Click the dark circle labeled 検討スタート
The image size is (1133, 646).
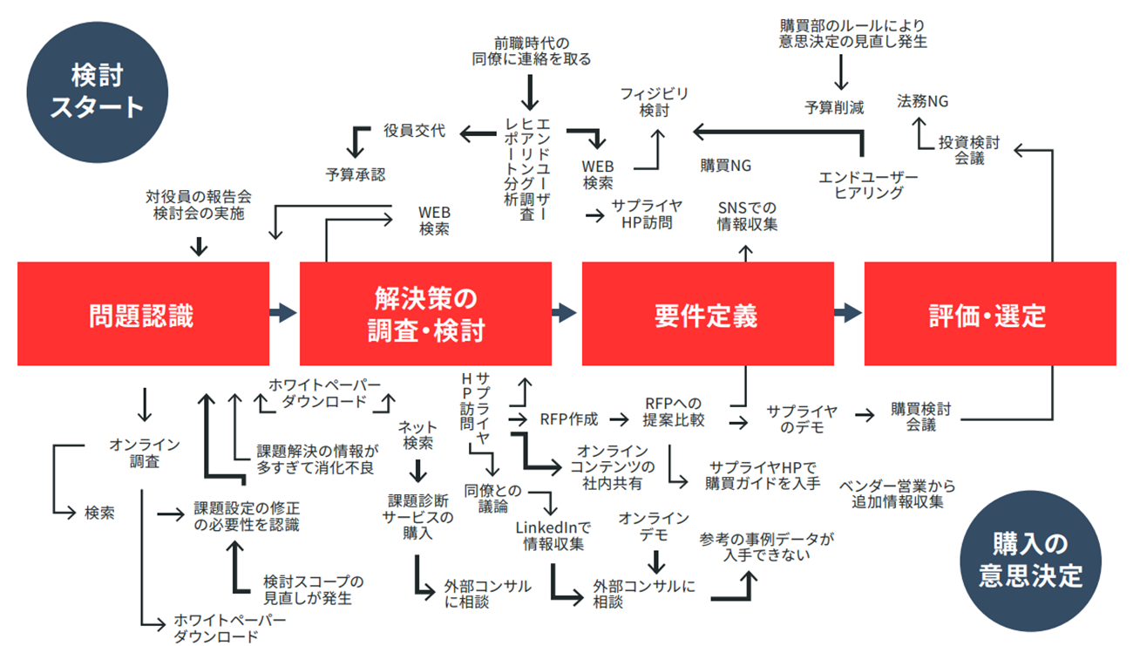coord(97,92)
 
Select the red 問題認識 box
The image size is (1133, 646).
coord(141,315)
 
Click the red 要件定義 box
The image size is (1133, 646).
coord(706,315)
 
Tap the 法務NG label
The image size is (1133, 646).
coord(923,102)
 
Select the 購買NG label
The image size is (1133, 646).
coord(725,164)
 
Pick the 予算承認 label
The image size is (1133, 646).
coord(356,174)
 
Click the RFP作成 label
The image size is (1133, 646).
coord(569,419)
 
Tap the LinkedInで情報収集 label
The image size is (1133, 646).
coord(553,535)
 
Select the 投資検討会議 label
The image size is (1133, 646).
coord(968,149)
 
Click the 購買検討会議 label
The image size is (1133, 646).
coord(920,416)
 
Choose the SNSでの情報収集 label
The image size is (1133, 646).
coord(747,216)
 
